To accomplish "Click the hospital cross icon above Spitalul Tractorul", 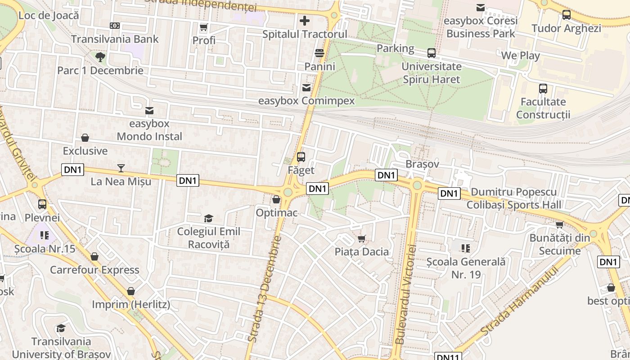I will (x=305, y=20).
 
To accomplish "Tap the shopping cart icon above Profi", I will (x=203, y=27).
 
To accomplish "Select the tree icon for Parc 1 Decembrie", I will (x=100, y=57).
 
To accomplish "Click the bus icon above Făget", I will (x=301, y=157).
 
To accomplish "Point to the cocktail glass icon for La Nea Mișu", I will (x=121, y=168).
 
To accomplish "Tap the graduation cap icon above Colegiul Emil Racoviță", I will (x=208, y=218).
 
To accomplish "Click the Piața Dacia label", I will (x=361, y=252).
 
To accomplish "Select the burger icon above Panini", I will (x=319, y=53).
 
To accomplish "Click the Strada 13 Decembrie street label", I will (x=265, y=288).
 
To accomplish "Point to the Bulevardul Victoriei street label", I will (x=405, y=294).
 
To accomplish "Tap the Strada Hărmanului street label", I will (x=519, y=300).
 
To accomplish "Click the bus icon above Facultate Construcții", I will (x=543, y=88).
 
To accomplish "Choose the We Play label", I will (x=520, y=56).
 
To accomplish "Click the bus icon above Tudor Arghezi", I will (x=567, y=15).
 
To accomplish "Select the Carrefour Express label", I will (x=94, y=270).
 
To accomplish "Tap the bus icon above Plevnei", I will (x=42, y=204).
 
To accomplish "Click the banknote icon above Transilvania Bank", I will (x=115, y=26).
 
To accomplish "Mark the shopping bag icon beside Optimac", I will (x=276, y=199).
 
